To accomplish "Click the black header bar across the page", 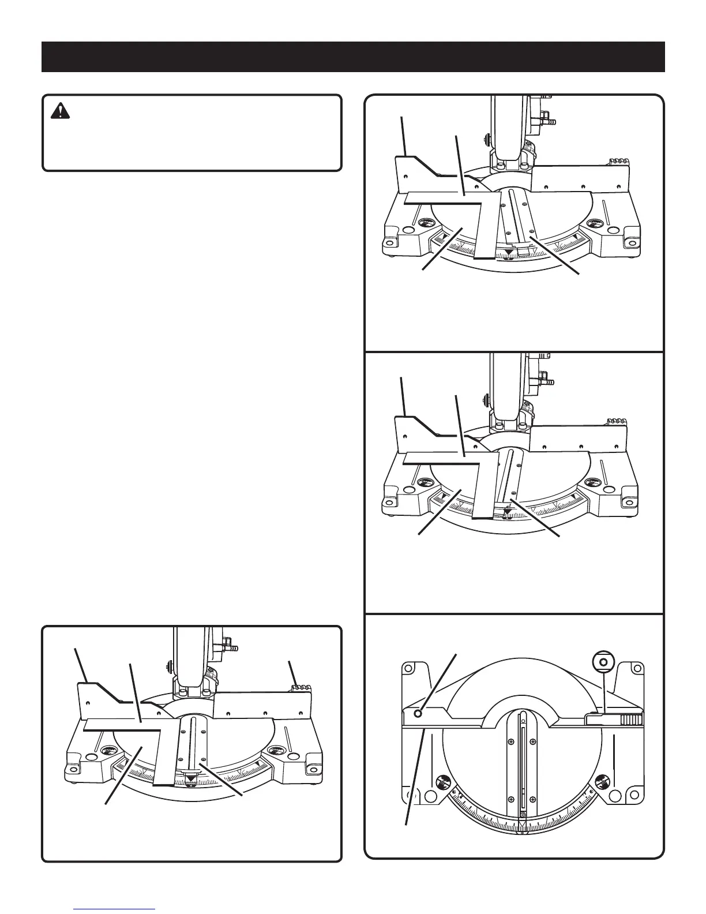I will (353, 57).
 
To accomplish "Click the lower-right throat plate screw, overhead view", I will (533, 798).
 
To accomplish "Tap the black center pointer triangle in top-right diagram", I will (512, 252).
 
